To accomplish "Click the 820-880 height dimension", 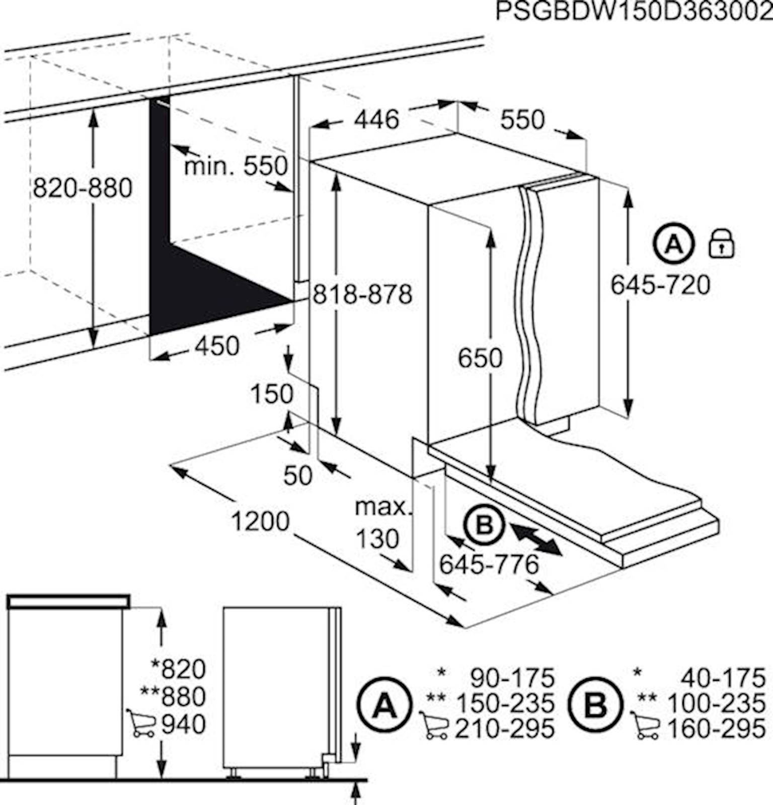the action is pos(83,188).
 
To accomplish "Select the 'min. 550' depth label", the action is pos(236,166).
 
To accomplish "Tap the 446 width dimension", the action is pos(376,119).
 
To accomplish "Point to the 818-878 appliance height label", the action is pos(362,294).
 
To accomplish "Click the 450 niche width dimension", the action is pos(217,346).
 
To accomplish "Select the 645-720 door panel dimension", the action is pos(660,285).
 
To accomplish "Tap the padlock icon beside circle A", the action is pos(721,244).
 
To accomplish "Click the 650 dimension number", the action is pos(480,358).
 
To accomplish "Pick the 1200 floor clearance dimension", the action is pos(260,521).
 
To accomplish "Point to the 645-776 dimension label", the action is pos(489,565).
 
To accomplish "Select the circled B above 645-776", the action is pos(484,526).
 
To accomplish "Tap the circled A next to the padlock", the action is pos(674,245).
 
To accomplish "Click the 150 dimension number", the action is pos(272,394).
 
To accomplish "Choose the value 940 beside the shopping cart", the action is pos(184,725).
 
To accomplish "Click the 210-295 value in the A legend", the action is pos(505,729).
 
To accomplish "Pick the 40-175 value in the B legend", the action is pos(724,678).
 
